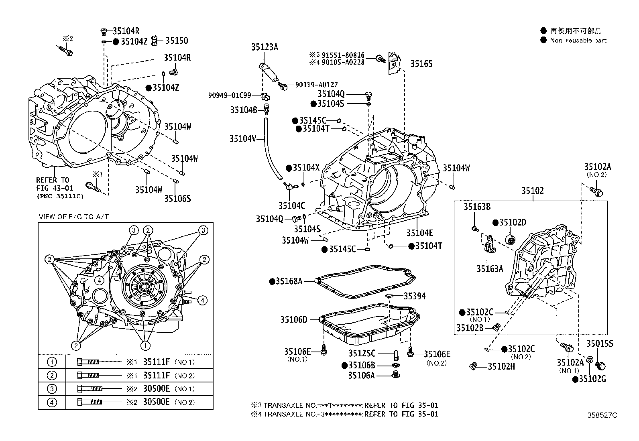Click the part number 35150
coord(177,41)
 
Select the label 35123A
coord(265,47)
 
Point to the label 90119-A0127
coord(316,85)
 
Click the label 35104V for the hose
coord(242,138)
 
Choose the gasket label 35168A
coord(289,281)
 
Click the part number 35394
coord(415,296)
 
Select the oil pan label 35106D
coord(293,319)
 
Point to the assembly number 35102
coord(532,191)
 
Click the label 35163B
coord(477,207)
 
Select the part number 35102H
coord(502,366)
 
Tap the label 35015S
coord(600,343)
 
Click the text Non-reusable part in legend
coord(578,40)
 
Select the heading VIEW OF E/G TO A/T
coord(73,217)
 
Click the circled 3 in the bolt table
coord(52,389)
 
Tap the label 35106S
coord(177,198)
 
